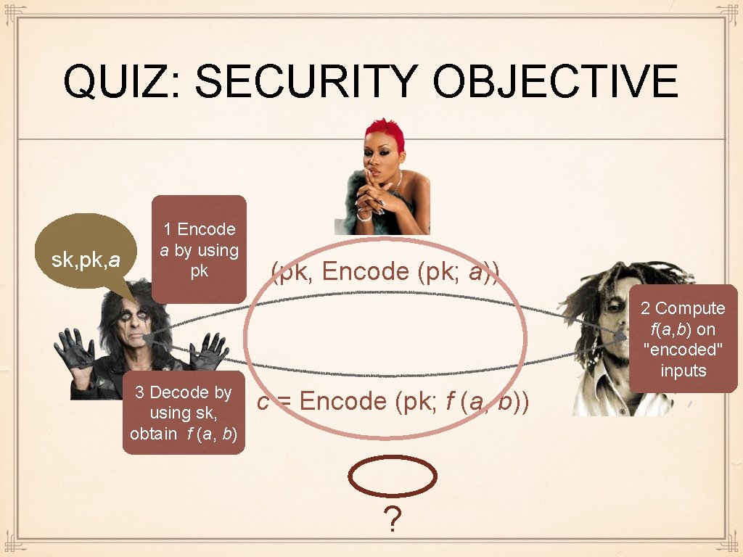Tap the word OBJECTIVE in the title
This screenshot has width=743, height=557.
point(555,81)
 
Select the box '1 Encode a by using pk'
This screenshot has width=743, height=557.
point(199,249)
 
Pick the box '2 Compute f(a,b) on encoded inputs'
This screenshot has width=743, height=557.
point(683,339)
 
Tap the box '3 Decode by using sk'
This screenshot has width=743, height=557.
point(183,413)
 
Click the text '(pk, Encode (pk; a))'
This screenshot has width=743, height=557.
point(385,272)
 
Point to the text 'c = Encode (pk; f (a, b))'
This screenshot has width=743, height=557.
point(393,401)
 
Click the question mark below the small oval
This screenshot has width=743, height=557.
point(393,520)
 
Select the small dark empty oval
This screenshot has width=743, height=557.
point(393,478)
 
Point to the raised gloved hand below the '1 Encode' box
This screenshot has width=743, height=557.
point(208,350)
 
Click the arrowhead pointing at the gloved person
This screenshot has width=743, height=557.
point(147,339)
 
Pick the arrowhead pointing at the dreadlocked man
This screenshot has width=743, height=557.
point(621,337)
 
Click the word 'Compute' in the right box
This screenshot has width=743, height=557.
point(690,308)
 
